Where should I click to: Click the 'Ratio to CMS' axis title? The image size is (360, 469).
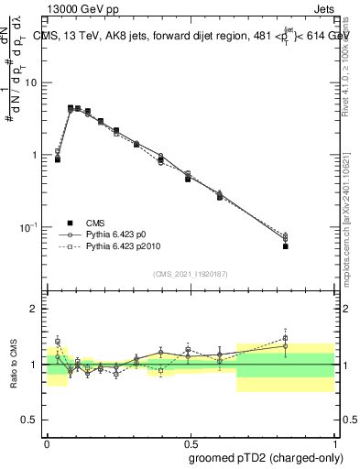[12, 365]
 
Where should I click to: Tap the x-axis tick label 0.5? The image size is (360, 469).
[190, 441]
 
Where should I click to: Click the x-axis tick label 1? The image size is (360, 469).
[333, 441]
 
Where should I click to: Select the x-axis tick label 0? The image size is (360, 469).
[47, 441]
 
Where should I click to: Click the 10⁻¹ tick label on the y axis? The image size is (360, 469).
[29, 227]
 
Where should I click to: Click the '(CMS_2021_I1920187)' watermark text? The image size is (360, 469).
[191, 274]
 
